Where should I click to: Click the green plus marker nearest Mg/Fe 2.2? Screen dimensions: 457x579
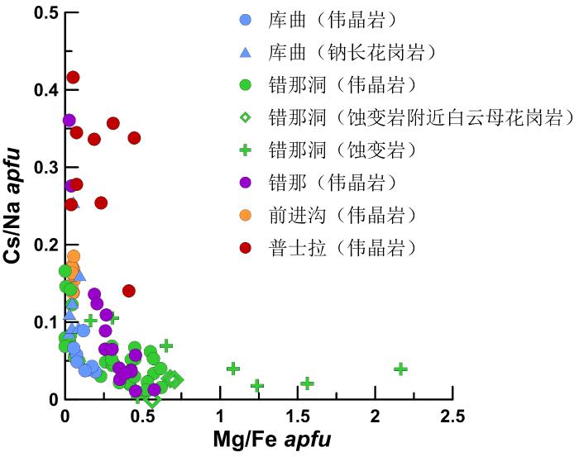[401, 369]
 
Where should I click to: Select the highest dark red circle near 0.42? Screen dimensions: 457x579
[73, 78]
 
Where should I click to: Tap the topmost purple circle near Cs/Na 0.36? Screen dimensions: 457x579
[69, 121]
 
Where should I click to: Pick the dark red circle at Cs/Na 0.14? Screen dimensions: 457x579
[129, 291]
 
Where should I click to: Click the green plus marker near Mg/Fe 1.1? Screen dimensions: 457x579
[233, 368]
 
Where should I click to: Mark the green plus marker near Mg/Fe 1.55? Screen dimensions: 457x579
[307, 383]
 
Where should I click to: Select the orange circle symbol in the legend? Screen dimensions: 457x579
[245, 214]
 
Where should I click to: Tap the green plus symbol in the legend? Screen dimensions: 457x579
[245, 149]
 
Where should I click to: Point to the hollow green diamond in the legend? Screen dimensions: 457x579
[245, 117]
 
